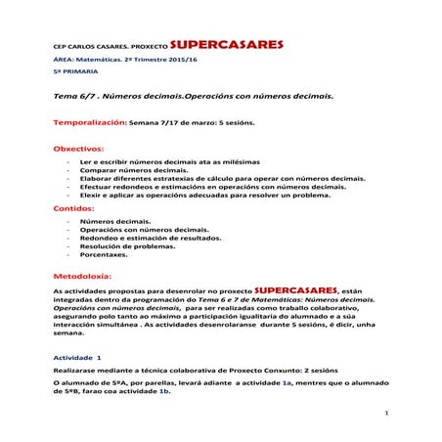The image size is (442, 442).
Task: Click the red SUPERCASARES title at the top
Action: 227,44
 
